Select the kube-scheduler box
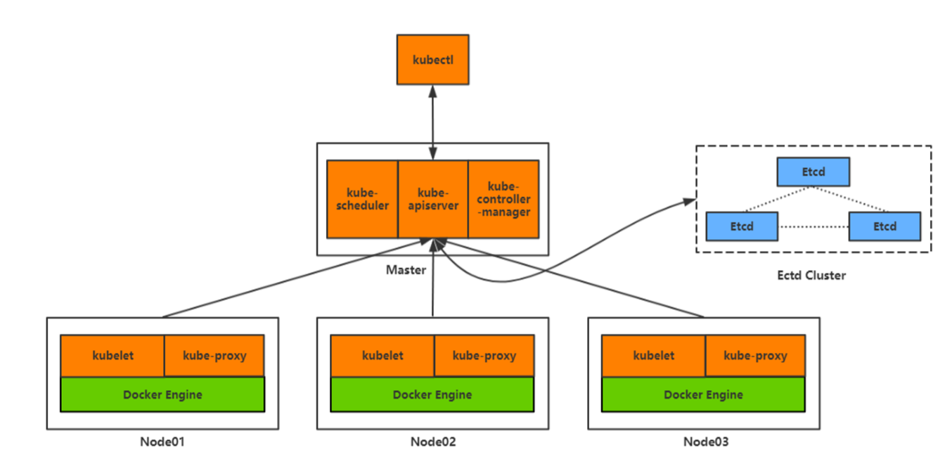coord(363,199)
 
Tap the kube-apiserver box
coord(433,199)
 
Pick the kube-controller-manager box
coord(503,199)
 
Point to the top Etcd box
coord(813,172)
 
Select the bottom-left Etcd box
coord(742,226)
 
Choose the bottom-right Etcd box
coord(885,226)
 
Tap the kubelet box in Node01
coord(112,356)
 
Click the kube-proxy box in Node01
coord(214,356)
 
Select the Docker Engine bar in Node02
coord(432,394)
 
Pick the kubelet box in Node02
coord(382,356)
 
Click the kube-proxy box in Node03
coord(755,356)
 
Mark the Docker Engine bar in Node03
coord(703,394)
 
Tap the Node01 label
coord(162,442)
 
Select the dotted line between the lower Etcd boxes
coord(813,226)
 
